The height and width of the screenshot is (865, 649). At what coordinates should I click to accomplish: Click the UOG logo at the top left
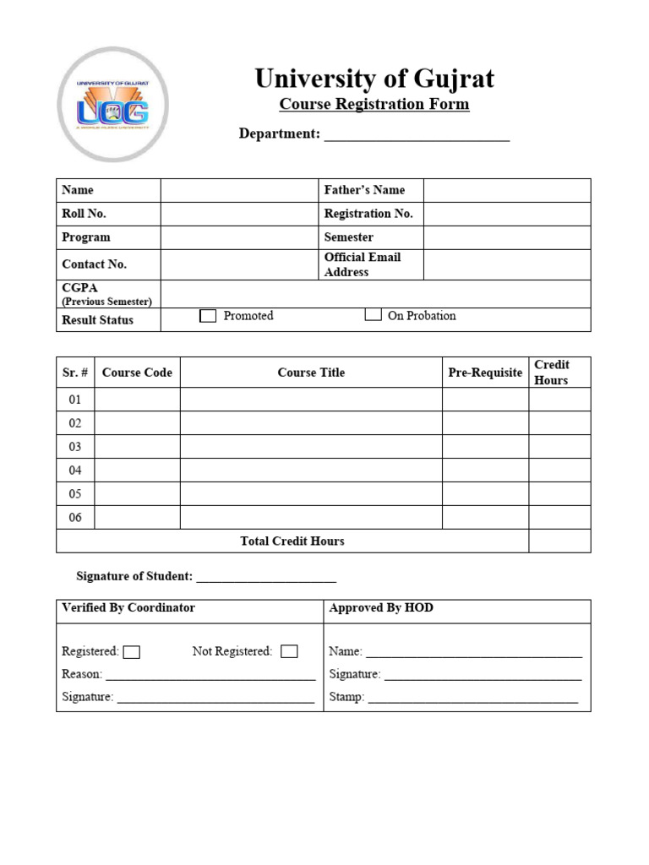pyautogui.click(x=112, y=105)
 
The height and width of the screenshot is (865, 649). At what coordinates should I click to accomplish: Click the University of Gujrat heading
pyautogui.click(x=374, y=79)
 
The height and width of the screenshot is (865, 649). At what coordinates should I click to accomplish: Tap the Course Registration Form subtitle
pyautogui.click(x=374, y=105)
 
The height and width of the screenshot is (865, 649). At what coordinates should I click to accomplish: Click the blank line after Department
pyautogui.click(x=417, y=135)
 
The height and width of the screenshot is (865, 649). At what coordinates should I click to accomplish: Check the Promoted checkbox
pyautogui.click(x=208, y=316)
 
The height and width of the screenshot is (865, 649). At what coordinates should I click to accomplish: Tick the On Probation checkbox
pyautogui.click(x=373, y=315)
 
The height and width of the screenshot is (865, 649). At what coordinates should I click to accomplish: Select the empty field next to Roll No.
pyautogui.click(x=239, y=214)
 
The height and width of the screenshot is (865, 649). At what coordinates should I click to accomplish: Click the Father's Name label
pyautogui.click(x=364, y=190)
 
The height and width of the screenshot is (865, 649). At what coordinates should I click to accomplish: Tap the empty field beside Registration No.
pyautogui.click(x=506, y=214)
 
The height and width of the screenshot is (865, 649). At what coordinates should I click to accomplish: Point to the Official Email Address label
pyautogui.click(x=363, y=264)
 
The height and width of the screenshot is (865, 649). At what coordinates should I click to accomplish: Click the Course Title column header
pyautogui.click(x=311, y=373)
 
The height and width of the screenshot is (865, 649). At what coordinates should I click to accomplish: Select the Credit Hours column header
pyautogui.click(x=551, y=373)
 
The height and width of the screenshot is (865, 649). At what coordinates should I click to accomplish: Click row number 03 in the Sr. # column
pyautogui.click(x=75, y=447)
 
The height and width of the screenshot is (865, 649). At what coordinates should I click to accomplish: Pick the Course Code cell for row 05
pyautogui.click(x=137, y=494)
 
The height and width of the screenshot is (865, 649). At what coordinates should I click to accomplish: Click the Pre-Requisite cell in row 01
pyautogui.click(x=485, y=400)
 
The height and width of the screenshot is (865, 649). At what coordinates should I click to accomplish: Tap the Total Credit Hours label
pyautogui.click(x=292, y=541)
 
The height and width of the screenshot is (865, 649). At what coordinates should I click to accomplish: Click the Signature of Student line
pyautogui.click(x=266, y=578)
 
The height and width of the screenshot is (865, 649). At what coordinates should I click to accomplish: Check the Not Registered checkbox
pyautogui.click(x=289, y=651)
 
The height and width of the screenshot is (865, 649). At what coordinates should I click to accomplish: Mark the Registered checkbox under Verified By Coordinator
pyautogui.click(x=131, y=652)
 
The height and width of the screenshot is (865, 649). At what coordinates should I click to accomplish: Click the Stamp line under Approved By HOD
pyautogui.click(x=472, y=699)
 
